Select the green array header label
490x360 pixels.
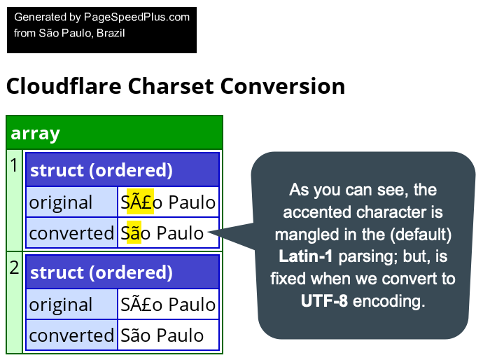tap(36, 133)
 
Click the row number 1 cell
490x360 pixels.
tap(14, 165)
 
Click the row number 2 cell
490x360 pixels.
tap(14, 268)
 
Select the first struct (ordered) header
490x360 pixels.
tap(101, 170)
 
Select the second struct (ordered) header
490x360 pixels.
tap(101, 272)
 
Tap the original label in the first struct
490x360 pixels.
tap(61, 202)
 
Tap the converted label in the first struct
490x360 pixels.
tap(71, 233)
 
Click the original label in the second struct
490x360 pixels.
tap(61, 305)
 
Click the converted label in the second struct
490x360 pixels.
tap(71, 335)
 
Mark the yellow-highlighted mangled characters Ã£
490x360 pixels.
tap(139, 202)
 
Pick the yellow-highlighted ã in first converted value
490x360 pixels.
tap(134, 233)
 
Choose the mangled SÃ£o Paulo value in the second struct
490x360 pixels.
tap(168, 305)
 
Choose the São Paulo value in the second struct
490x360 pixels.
tap(162, 335)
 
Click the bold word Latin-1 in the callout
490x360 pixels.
tap(306, 256)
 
